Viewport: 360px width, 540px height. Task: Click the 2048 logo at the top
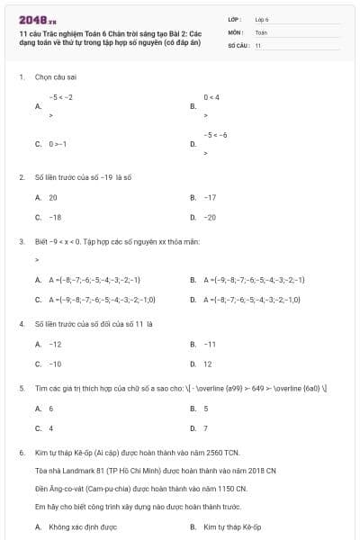click(38, 20)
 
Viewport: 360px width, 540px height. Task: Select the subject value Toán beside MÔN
click(261, 31)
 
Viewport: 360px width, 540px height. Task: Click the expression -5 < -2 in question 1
click(61, 96)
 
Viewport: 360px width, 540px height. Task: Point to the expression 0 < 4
click(211, 96)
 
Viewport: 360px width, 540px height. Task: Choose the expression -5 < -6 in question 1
click(215, 135)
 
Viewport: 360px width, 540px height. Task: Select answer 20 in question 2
click(53, 197)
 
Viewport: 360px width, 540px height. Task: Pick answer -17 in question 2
click(210, 197)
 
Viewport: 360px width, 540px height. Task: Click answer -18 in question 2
click(55, 217)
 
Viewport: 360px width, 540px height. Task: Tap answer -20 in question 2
click(210, 217)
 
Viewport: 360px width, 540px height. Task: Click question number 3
click(21, 241)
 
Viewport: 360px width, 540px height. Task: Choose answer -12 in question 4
click(55, 344)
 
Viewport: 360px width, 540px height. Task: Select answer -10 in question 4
click(55, 364)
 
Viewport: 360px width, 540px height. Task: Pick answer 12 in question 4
click(208, 364)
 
